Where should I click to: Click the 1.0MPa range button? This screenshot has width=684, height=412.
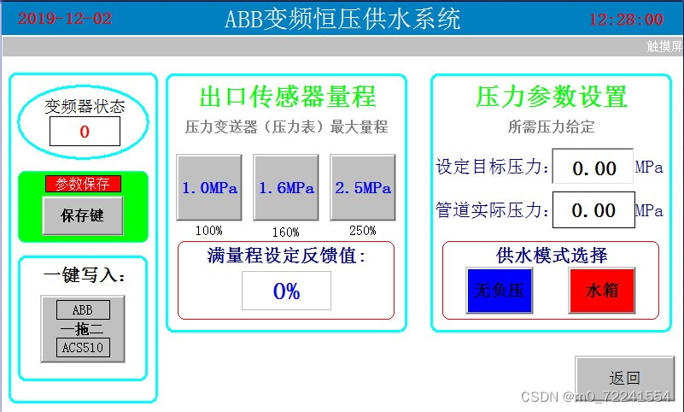point(208,188)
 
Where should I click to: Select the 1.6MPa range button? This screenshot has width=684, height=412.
point(285,188)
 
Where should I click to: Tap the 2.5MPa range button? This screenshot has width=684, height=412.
point(362,188)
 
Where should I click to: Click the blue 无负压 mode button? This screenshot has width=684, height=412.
point(493,291)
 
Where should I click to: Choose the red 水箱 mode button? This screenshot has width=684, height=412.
point(602,291)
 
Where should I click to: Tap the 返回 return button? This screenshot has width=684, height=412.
point(624,378)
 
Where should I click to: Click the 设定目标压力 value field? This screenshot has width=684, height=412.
point(593,168)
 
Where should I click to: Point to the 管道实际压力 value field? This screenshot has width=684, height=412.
point(593,210)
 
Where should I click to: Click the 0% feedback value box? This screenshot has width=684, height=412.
point(286,291)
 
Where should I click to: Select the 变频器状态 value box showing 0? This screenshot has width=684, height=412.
point(85,132)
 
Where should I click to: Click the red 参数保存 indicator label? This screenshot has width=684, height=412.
point(83,184)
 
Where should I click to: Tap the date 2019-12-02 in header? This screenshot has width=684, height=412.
point(65,19)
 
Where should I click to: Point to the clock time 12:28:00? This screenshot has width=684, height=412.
point(626,19)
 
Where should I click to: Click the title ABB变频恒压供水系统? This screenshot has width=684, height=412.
point(342,19)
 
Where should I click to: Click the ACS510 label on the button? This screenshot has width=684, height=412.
point(83,347)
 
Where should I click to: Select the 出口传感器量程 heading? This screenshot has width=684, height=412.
point(288,96)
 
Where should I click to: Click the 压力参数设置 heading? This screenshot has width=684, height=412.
point(551,96)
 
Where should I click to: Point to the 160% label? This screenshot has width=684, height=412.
point(285,232)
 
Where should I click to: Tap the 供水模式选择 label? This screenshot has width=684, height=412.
point(551,255)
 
